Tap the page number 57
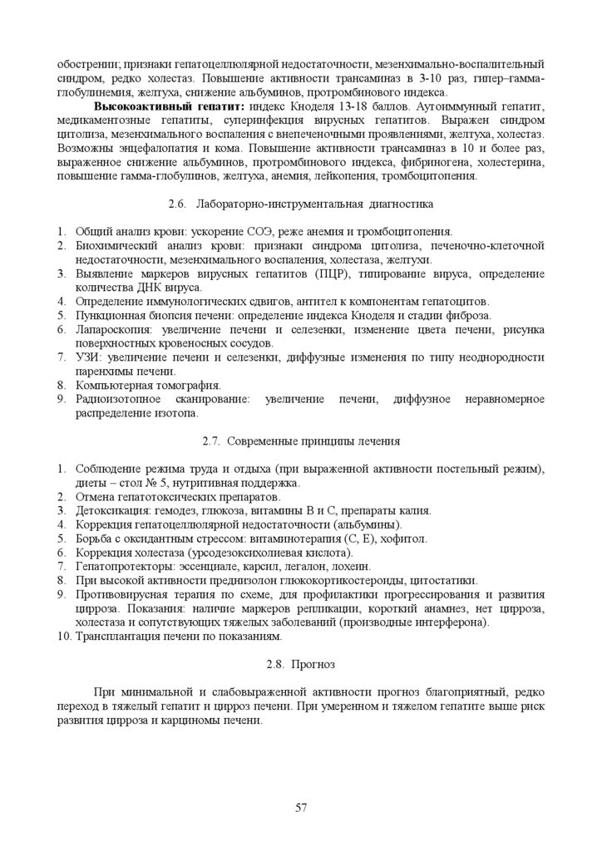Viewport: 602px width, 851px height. pos(301,807)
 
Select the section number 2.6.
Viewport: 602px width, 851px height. pos(176,204)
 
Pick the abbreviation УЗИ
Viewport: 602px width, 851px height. pos(88,357)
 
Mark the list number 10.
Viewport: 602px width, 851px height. pos(64,637)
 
